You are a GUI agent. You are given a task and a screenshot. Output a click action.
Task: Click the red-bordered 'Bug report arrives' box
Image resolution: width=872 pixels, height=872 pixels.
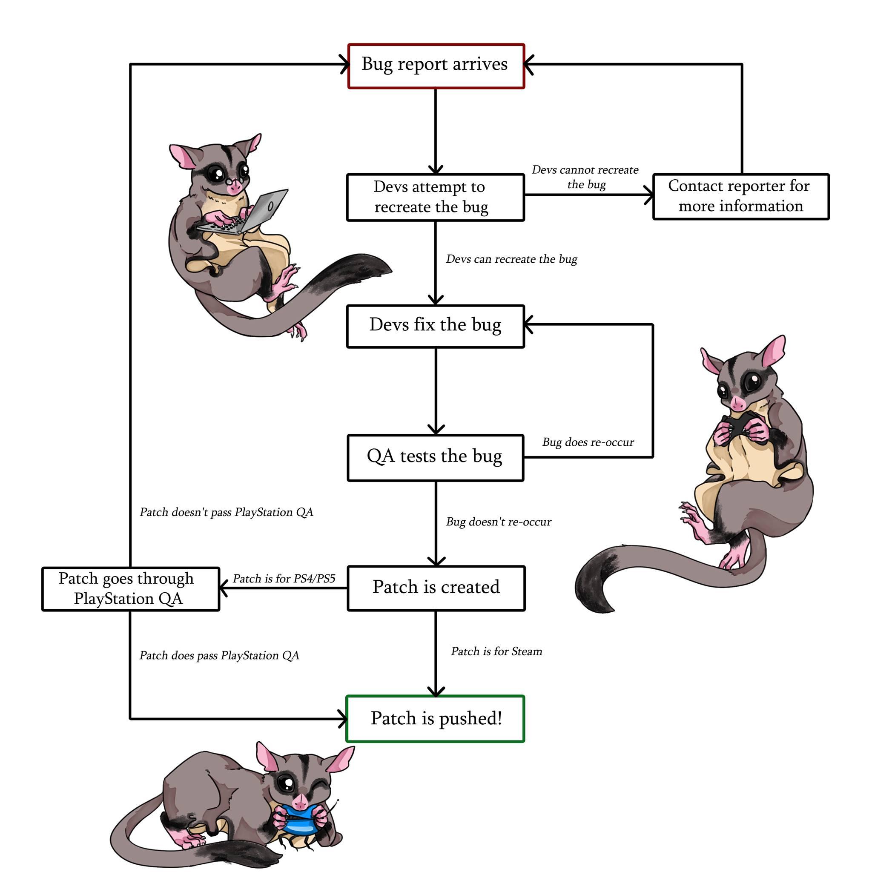tap(436, 66)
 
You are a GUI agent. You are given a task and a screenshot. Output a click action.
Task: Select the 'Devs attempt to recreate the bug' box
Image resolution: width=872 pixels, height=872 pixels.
tap(435, 197)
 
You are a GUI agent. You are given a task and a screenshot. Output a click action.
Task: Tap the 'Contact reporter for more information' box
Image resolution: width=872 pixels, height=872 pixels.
tap(741, 196)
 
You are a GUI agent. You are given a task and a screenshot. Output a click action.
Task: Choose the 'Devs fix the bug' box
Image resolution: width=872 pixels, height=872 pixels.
tap(435, 326)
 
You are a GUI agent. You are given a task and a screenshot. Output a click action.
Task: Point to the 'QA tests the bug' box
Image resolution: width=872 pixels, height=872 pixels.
tap(435, 457)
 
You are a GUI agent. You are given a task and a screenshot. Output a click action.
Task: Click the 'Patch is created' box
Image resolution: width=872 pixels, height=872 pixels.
tap(436, 588)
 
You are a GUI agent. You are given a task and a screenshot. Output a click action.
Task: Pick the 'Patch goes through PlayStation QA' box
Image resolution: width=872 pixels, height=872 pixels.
tap(130, 588)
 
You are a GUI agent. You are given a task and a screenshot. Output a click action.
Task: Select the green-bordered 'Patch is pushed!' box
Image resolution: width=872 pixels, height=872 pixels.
tap(435, 719)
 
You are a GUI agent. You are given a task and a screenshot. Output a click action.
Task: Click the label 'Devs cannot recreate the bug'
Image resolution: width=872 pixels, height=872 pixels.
tap(585, 177)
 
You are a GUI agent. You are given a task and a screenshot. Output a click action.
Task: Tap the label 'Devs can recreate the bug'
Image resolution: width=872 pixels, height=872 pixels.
tap(511, 259)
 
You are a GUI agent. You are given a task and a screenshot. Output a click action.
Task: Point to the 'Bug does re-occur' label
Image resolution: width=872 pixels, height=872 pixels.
tap(588, 442)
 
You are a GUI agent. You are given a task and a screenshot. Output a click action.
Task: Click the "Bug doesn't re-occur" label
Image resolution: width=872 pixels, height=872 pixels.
tap(498, 522)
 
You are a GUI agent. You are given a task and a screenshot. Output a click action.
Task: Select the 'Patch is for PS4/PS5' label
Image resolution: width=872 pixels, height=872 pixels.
tap(284, 579)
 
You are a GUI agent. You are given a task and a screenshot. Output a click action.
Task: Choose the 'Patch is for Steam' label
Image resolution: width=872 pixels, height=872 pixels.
tap(496, 651)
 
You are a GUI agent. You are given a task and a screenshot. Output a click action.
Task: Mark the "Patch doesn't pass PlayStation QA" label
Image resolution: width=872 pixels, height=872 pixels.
tap(226, 512)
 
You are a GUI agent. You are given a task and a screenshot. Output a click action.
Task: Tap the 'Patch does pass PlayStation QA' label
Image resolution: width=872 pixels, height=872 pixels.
tap(219, 655)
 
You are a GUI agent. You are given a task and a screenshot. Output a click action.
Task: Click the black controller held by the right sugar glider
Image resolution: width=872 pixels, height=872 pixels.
tap(739, 427)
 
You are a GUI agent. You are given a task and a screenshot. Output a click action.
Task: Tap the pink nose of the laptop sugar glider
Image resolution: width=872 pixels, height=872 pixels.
tap(234, 188)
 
